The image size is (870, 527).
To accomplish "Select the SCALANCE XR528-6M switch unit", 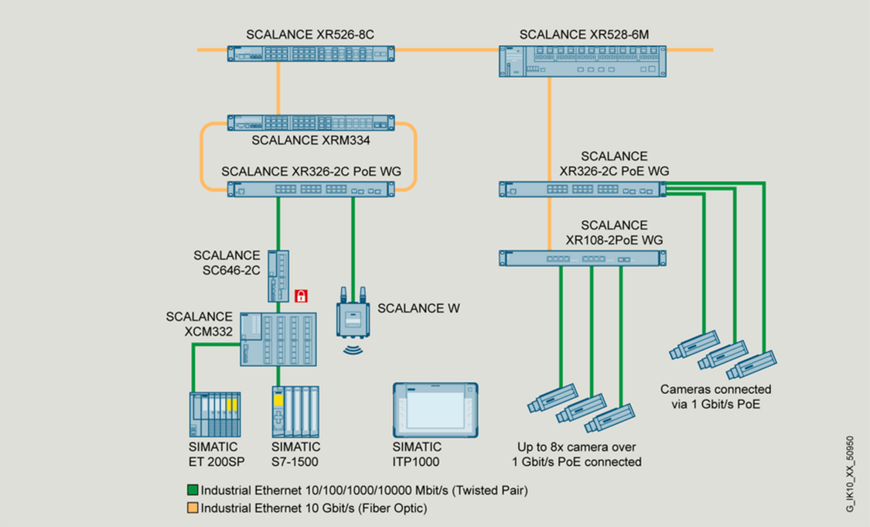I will click(x=581, y=60).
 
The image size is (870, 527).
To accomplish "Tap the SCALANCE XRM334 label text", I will click(x=311, y=141).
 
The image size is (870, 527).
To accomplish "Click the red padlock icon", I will click(x=301, y=295).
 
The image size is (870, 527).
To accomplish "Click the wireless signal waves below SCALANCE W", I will click(x=354, y=347).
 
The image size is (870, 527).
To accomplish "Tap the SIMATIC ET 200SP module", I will click(x=214, y=414).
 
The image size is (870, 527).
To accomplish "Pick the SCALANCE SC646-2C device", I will click(x=278, y=276).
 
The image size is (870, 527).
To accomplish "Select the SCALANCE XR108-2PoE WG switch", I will click(x=582, y=258).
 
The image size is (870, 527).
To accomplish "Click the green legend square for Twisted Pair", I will click(x=193, y=491).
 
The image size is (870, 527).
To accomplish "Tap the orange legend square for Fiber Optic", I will click(x=193, y=508).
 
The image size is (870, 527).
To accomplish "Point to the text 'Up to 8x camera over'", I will click(x=576, y=447).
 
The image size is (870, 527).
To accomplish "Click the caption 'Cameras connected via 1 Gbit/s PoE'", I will click(x=715, y=396).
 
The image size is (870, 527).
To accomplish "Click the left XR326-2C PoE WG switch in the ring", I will click(x=311, y=189).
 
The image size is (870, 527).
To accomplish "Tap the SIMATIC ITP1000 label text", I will click(x=417, y=454).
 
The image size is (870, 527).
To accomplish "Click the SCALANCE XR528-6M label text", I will click(x=584, y=35).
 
